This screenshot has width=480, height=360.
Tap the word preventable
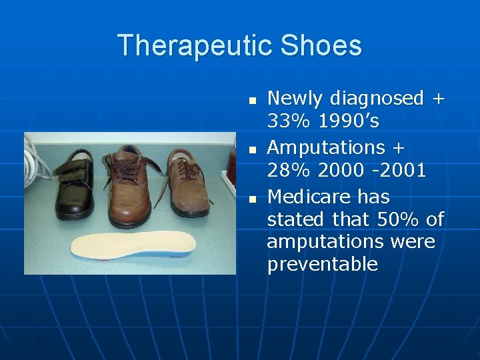322,265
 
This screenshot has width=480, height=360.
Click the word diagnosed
374,99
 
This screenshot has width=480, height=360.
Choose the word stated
296,219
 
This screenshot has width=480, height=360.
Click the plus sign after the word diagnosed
437,99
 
